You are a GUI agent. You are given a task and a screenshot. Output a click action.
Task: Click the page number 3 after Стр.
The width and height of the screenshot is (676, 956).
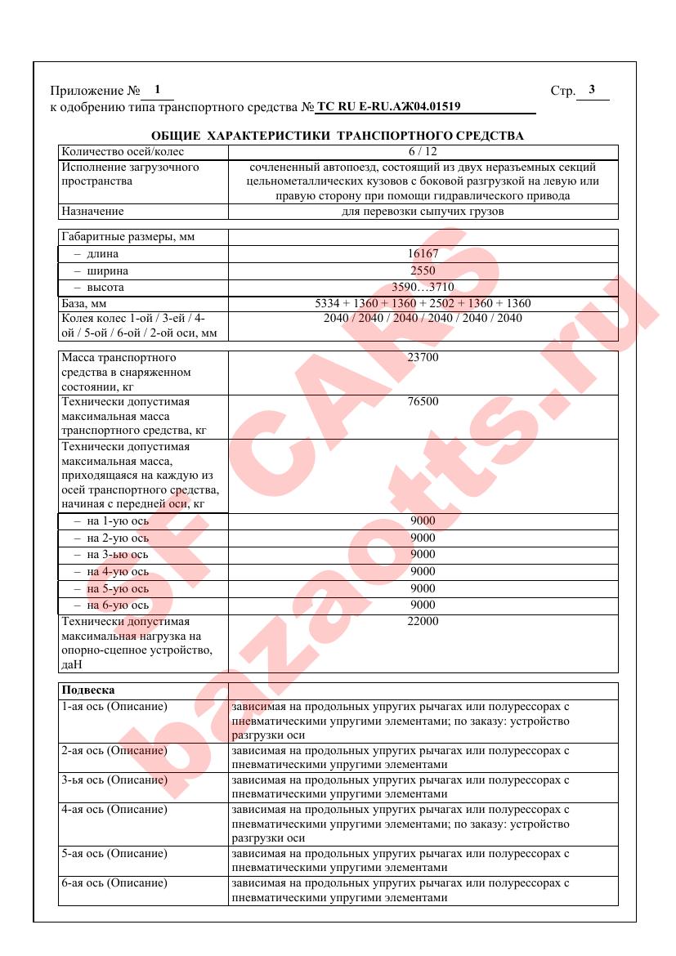pyautogui.click(x=592, y=90)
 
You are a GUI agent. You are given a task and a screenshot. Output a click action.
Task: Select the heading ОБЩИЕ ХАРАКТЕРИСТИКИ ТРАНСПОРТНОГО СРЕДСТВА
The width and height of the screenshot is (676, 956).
pyautogui.click(x=338, y=135)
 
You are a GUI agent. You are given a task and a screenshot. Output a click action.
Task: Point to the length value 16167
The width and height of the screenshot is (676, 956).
pyautogui.click(x=423, y=253)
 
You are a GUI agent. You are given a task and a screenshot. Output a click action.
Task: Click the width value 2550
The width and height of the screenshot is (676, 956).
pyautogui.click(x=423, y=270)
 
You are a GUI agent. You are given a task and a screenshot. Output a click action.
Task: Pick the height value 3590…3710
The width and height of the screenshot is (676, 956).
pyautogui.click(x=423, y=288)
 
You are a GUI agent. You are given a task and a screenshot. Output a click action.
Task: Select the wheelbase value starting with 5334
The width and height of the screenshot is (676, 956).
pyautogui.click(x=423, y=304)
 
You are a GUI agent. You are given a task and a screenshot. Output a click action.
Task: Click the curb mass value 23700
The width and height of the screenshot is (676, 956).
pyautogui.click(x=423, y=358)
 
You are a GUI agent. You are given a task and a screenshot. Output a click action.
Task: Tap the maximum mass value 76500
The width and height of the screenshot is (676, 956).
pyautogui.click(x=423, y=403)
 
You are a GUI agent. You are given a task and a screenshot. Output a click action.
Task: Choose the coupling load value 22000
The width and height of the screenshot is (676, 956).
pyautogui.click(x=423, y=623)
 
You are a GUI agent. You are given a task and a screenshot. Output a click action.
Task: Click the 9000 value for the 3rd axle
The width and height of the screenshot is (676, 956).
pyautogui.click(x=423, y=555)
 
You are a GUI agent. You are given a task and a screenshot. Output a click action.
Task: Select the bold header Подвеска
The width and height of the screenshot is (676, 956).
pyautogui.click(x=87, y=690)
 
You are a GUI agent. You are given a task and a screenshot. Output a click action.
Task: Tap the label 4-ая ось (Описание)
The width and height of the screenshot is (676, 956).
pyautogui.click(x=114, y=810)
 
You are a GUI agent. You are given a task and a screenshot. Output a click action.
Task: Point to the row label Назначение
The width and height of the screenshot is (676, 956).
pyautogui.click(x=92, y=212)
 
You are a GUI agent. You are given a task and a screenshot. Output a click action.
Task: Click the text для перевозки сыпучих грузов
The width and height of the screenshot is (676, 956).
pyautogui.click(x=423, y=212)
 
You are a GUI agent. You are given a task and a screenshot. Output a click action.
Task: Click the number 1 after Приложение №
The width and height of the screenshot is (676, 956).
pyautogui.click(x=157, y=90)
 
